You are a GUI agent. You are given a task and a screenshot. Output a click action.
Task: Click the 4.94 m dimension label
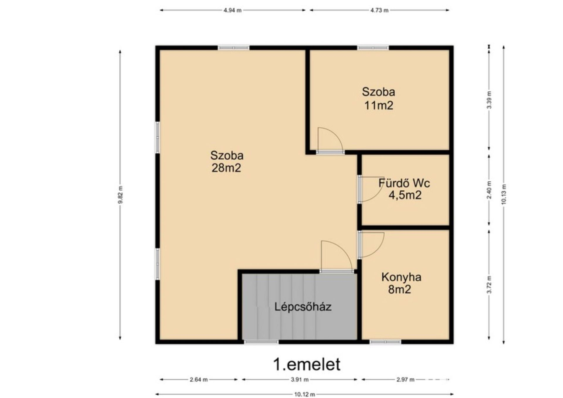point(233,10)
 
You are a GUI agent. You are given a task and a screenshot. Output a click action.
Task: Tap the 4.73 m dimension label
point(379,10)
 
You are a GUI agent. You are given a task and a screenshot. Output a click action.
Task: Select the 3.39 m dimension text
point(489,100)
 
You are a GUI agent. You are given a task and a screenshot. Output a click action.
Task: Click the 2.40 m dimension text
point(489,190)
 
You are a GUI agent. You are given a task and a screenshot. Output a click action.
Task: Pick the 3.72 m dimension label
point(489,284)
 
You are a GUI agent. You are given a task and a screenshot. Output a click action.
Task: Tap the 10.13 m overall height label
point(504,194)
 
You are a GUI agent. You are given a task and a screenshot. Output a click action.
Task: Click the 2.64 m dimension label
point(199,380)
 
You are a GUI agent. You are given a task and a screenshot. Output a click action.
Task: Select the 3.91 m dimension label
point(300,380)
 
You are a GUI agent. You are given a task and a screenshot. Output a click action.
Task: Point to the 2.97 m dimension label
point(406,380)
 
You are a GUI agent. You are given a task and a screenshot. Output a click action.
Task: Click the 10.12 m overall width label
point(305,394)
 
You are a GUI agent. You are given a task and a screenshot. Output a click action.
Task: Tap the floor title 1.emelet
point(307,364)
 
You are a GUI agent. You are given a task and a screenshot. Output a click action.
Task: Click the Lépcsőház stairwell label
point(303,307)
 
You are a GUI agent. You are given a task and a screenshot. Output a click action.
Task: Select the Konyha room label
point(401,277)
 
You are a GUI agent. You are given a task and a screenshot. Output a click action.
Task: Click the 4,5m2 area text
point(405,195)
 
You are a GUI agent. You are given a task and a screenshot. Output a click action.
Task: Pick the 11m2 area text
point(379,105)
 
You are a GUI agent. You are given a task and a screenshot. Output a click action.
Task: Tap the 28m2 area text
point(226,168)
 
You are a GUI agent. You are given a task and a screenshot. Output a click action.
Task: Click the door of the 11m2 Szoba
point(330,141)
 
